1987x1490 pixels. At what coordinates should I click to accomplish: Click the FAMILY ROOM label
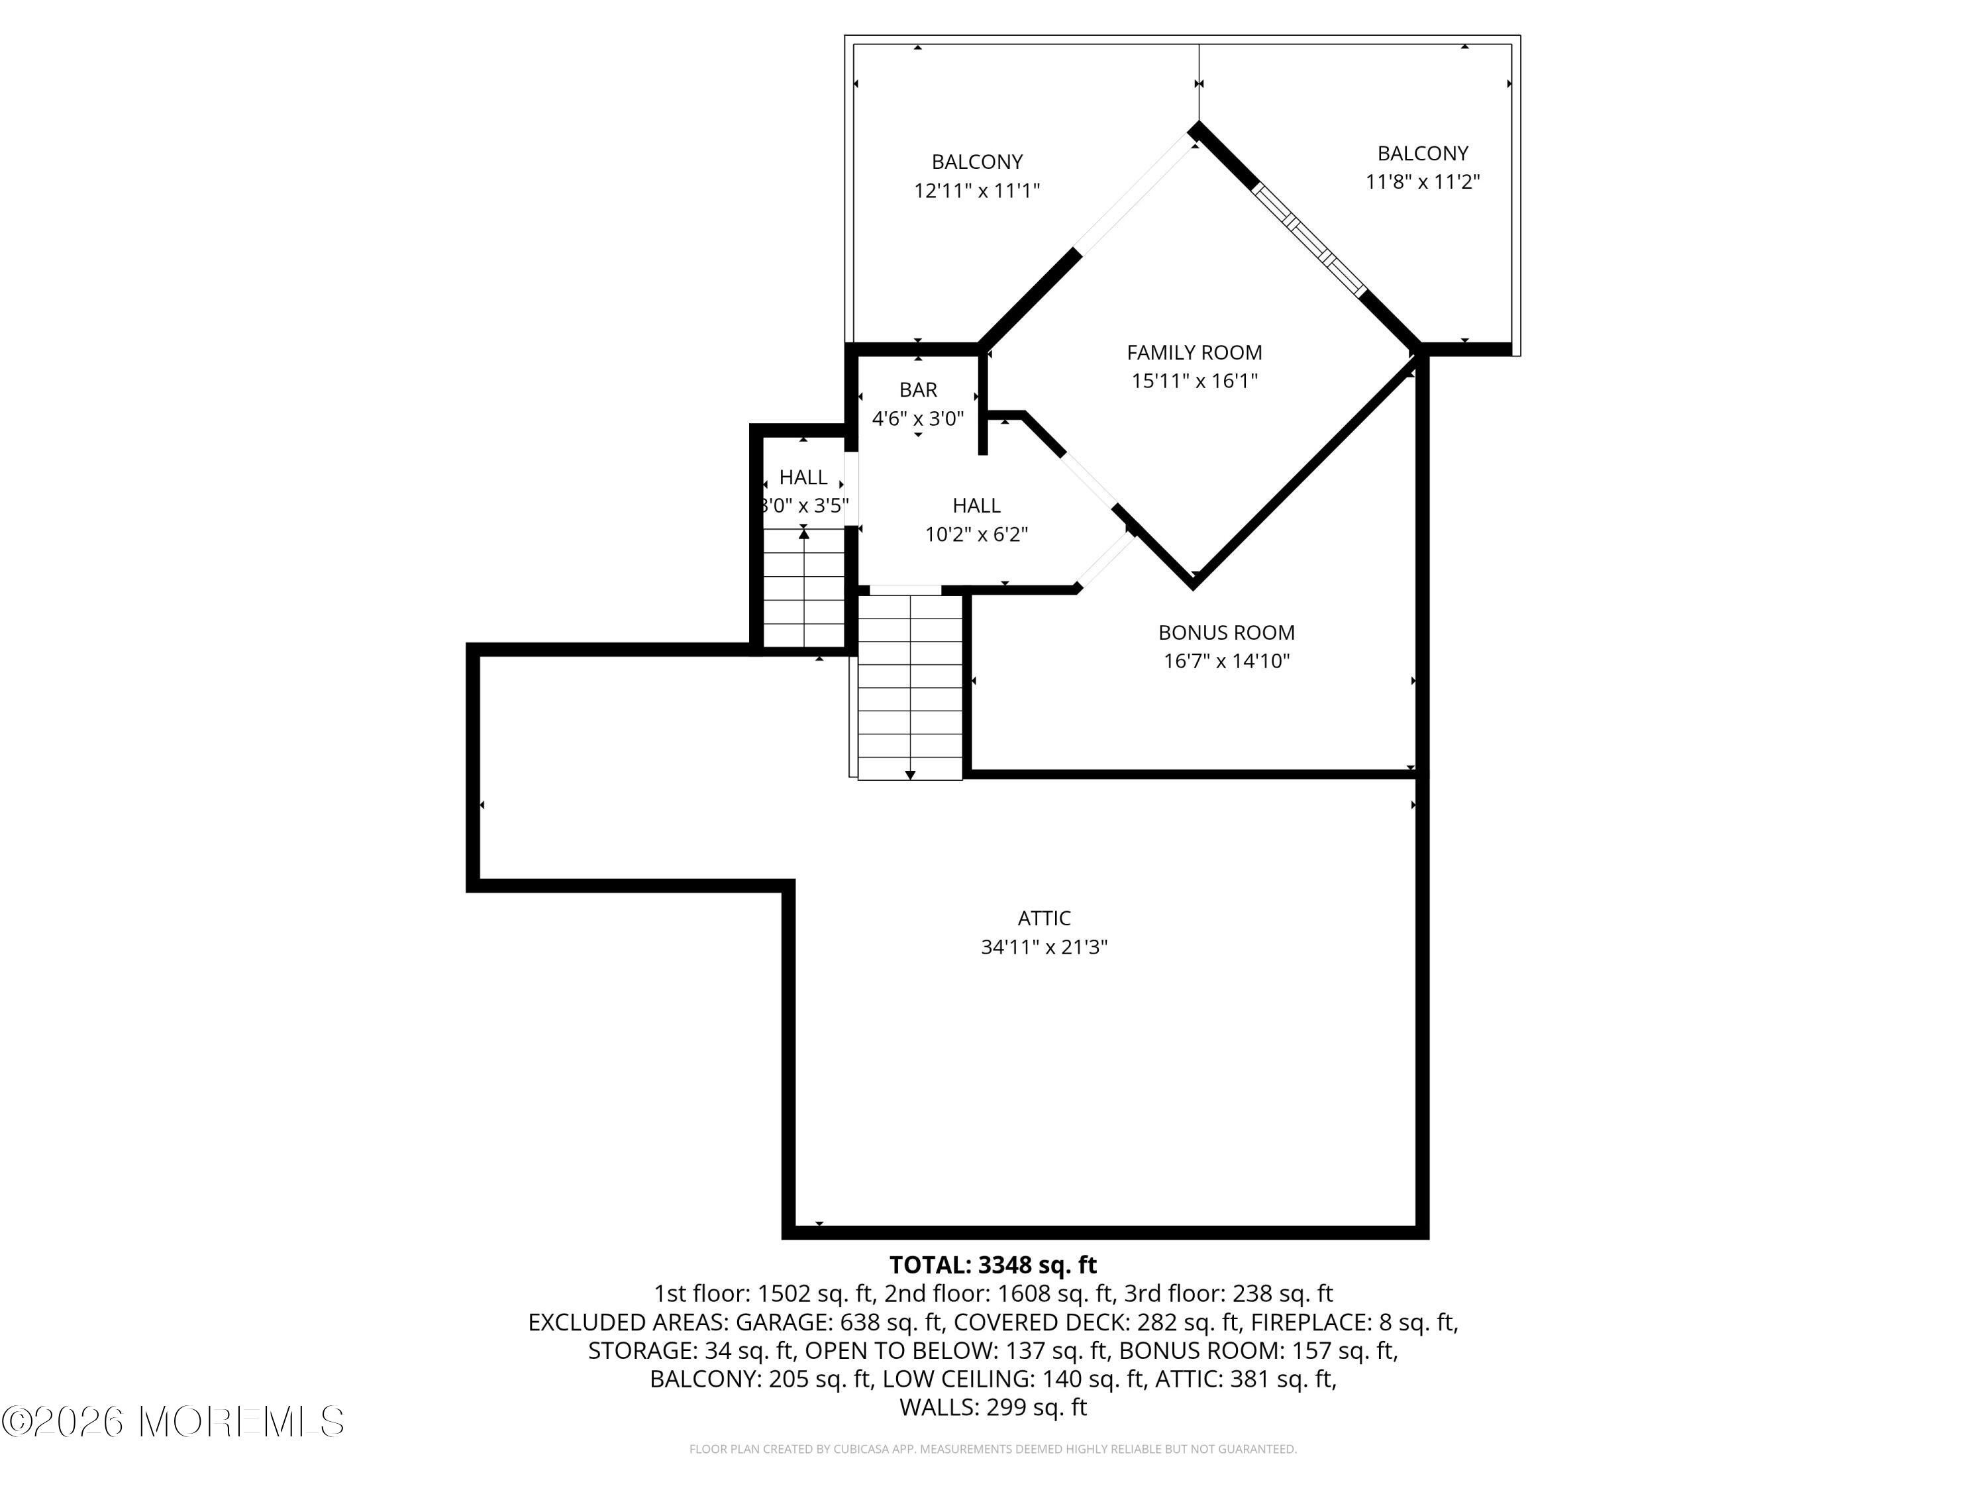point(1194,352)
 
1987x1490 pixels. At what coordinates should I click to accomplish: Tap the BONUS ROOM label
point(1226,632)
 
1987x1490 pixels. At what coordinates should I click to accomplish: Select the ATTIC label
point(1044,918)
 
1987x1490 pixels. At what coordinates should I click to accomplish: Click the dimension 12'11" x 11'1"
point(976,191)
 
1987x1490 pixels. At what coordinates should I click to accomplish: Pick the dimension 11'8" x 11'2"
point(1423,181)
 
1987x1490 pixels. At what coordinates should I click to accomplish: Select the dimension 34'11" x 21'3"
point(1044,946)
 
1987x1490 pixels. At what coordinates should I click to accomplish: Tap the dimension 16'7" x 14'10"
point(1226,661)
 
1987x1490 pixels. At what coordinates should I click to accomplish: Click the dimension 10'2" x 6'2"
point(976,534)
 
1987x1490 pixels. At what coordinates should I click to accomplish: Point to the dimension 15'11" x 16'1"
point(1194,381)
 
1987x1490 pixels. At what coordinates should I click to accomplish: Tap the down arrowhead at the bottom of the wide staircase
point(910,774)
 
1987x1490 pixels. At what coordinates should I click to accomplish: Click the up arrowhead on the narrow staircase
point(804,534)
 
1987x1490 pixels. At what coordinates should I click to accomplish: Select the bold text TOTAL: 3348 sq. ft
point(993,1265)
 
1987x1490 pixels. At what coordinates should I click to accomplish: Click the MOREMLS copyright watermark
point(174,1422)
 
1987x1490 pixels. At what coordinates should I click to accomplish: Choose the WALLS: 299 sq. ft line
point(993,1407)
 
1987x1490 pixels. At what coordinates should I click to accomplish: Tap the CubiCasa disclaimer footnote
point(993,1449)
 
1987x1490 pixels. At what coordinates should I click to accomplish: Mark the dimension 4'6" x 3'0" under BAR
point(918,418)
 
